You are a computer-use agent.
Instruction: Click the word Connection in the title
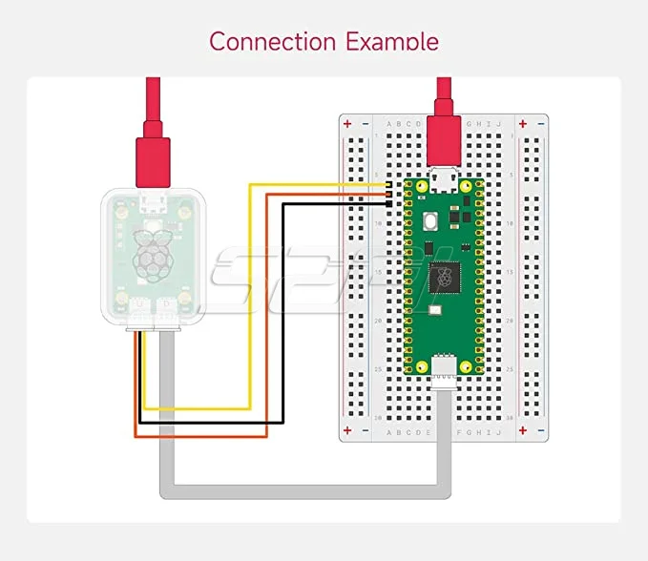tap(272, 42)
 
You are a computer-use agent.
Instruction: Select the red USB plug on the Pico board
tap(444, 139)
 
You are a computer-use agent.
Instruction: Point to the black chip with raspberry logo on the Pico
tap(444, 279)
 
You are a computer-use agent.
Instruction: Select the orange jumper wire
tap(267, 315)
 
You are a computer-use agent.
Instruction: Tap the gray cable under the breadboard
tap(305, 492)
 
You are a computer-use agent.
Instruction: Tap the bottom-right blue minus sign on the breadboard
tap(539, 431)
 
